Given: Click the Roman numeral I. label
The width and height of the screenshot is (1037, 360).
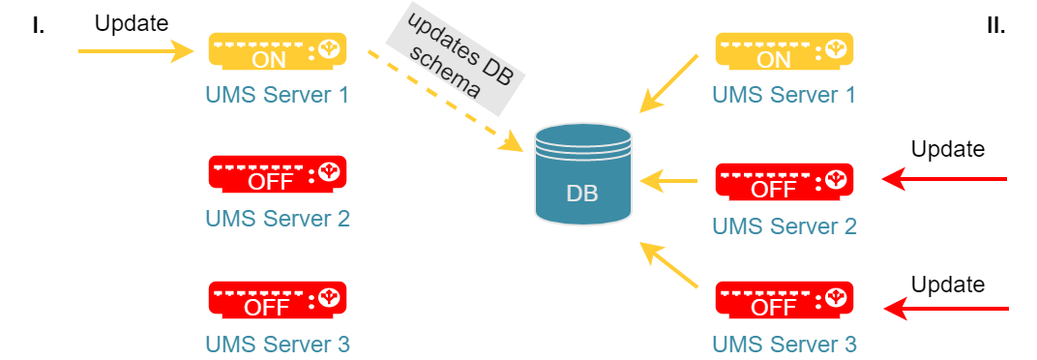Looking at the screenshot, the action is [39, 26].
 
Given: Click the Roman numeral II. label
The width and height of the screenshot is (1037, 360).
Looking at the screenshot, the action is [995, 26].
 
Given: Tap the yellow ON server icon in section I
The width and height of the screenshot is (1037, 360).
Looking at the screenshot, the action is [278, 51].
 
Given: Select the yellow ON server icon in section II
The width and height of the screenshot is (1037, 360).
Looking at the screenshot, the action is [785, 51].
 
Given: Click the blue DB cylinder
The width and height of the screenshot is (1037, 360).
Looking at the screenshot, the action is [582, 172].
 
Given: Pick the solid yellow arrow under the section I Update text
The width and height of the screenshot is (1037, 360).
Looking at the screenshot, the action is [135, 50].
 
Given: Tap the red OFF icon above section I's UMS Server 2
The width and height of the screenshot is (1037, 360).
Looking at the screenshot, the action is [278, 174].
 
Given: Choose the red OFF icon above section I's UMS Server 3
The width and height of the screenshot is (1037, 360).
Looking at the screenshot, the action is [278, 300].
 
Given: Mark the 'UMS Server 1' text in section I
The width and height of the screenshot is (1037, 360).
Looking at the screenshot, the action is [277, 95].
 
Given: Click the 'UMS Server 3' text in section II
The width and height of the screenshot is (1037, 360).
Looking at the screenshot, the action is [785, 345].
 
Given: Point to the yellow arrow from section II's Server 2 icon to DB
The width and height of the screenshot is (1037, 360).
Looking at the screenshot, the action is [668, 179].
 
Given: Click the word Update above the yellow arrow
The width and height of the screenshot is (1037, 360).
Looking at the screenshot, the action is [132, 24].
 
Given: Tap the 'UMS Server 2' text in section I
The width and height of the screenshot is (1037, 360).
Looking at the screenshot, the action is [277, 219].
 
